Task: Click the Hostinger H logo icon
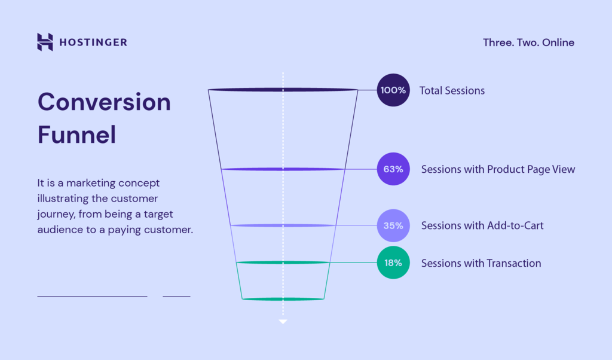[x=45, y=42]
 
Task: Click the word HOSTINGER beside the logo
[x=93, y=42]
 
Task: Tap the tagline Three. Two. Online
[x=528, y=42]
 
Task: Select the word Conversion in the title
[x=104, y=102]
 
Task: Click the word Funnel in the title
[x=76, y=135]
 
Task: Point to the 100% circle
[x=393, y=90]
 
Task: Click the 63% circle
[x=393, y=169]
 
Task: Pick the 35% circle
[x=393, y=226]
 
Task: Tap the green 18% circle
[x=393, y=263]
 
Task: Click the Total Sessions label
[x=452, y=91]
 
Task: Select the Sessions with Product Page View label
[x=498, y=169]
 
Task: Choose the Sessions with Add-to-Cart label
[x=482, y=226]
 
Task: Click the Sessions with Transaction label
[x=481, y=263]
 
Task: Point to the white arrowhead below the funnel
[x=283, y=322]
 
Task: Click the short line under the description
[x=176, y=296]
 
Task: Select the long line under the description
[x=92, y=296]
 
